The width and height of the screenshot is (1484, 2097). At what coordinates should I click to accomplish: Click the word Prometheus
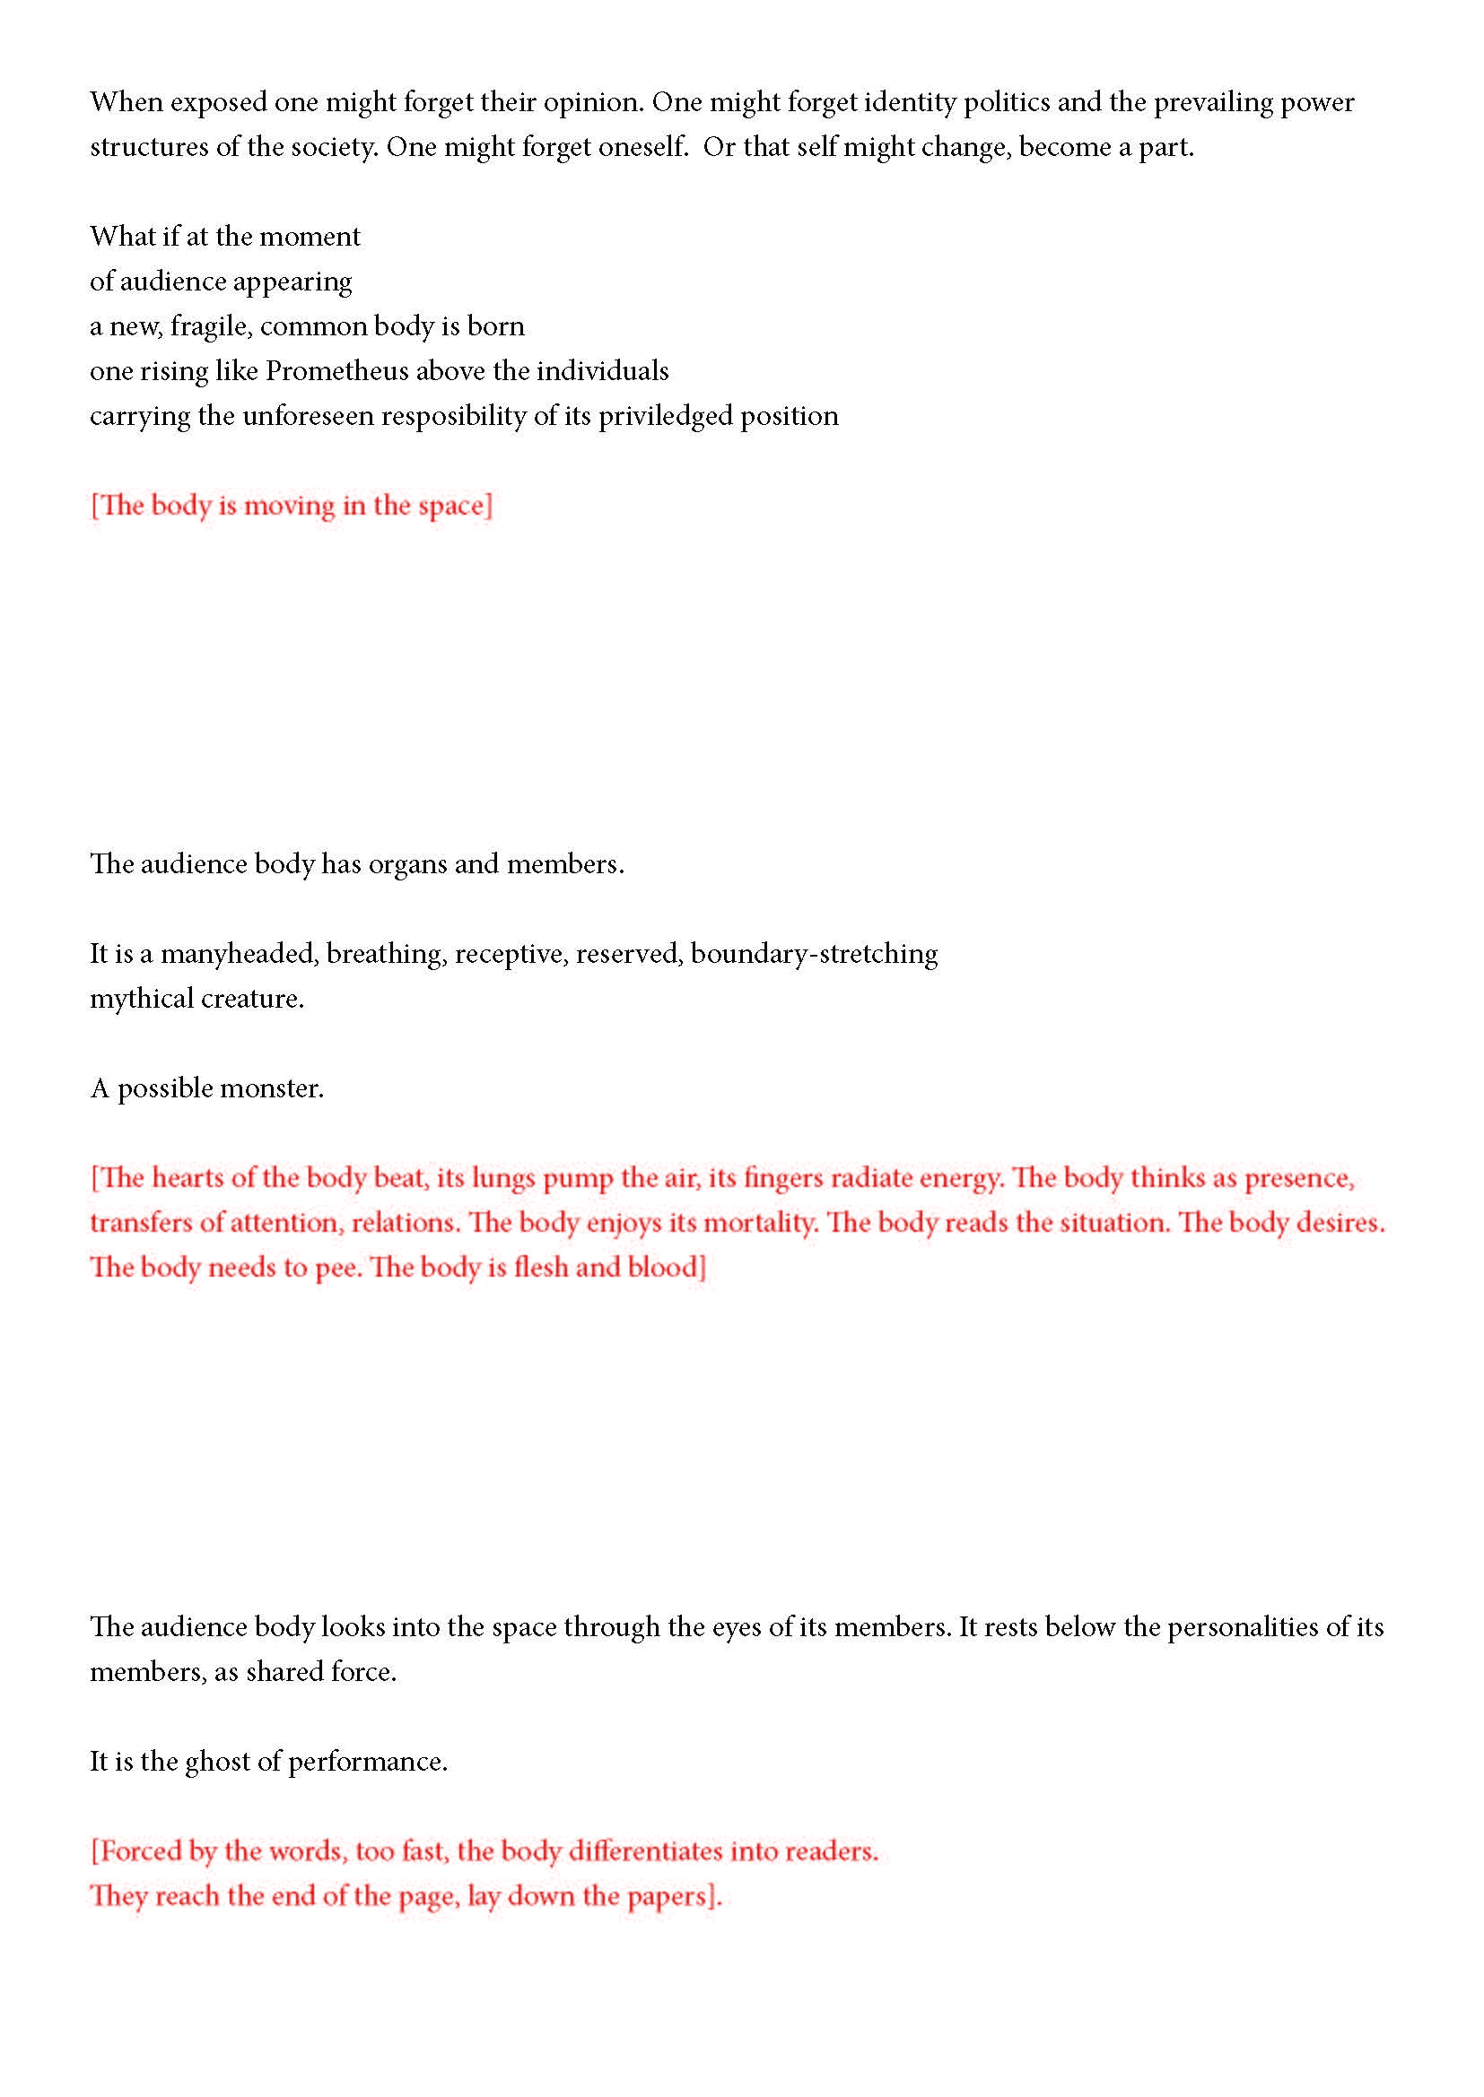pyautogui.click(x=336, y=371)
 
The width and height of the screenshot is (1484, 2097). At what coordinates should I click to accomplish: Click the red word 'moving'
pyautogui.click(x=289, y=506)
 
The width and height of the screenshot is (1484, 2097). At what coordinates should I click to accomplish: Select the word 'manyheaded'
pyautogui.click(x=239, y=955)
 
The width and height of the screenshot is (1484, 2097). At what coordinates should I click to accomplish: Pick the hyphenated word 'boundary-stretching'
pyautogui.click(x=813, y=955)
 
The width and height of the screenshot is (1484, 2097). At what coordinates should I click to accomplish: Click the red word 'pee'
pyautogui.click(x=336, y=1269)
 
